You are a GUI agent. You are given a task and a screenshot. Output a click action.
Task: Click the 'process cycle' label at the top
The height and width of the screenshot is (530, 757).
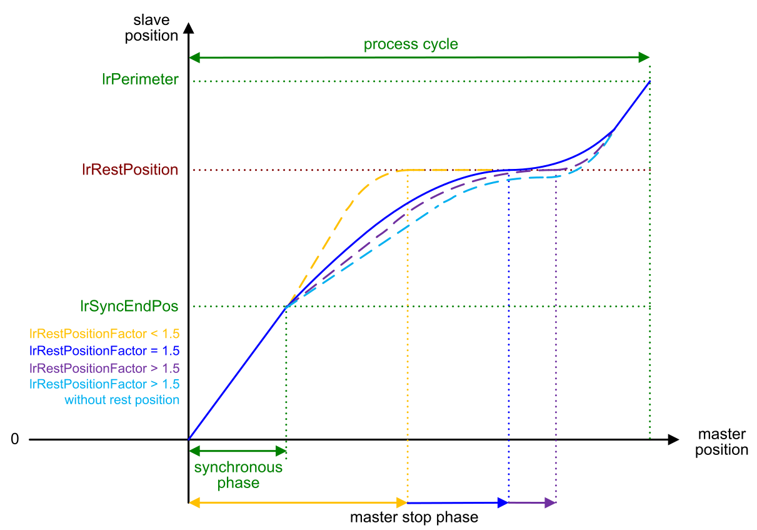click(411, 44)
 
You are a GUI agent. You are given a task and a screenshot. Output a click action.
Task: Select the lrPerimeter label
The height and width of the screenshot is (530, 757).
click(140, 79)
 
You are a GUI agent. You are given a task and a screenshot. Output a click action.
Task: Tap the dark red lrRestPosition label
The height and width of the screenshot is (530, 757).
click(129, 170)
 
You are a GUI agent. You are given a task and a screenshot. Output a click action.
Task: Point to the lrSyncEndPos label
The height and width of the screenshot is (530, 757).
click(129, 306)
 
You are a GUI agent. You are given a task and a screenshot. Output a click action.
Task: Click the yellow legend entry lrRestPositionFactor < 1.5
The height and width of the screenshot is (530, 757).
click(104, 334)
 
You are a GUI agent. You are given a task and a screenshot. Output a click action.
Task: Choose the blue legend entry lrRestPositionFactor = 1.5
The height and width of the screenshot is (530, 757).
click(104, 350)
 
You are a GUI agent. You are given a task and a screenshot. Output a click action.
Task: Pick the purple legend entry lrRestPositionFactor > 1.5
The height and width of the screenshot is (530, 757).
click(104, 367)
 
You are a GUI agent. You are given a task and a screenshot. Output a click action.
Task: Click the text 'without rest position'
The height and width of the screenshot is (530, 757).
click(122, 400)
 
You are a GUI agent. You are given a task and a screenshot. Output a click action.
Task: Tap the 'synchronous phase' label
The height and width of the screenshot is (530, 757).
click(238, 476)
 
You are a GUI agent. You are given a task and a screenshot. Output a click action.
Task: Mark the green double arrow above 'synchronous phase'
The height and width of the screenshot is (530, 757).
click(237, 451)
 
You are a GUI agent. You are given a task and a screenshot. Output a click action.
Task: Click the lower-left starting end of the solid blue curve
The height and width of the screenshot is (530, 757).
click(189, 437)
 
